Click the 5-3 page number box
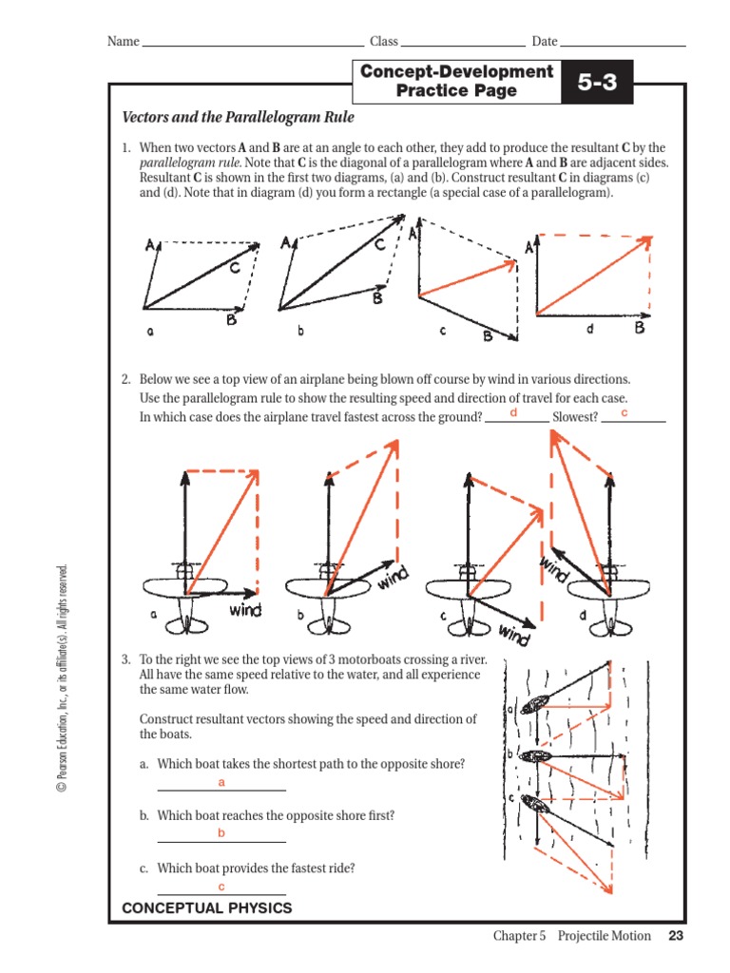click(598, 83)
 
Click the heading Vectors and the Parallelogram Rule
click(238, 118)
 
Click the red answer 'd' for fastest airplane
click(513, 413)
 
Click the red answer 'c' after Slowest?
click(624, 413)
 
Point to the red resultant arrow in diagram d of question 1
click(594, 276)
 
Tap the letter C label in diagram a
click(234, 269)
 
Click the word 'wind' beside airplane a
click(245, 610)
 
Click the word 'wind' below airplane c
click(513, 634)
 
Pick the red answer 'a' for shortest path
click(221, 782)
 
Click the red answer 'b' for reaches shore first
click(221, 833)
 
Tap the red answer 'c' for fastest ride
click(221, 887)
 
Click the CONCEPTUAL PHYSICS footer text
click(207, 908)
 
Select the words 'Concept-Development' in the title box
click(456, 72)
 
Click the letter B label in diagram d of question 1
click(640, 328)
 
